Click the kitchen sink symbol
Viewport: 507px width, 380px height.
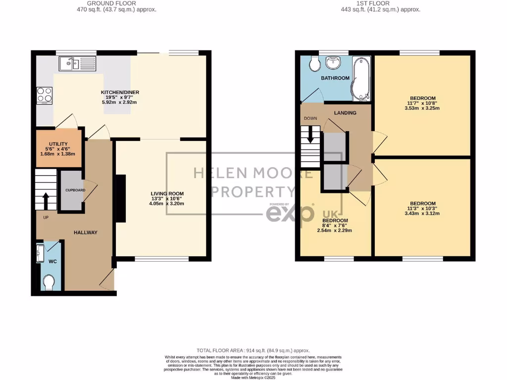point(77,63)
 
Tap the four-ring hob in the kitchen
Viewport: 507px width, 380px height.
point(44,94)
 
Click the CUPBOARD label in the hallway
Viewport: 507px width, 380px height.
point(75,190)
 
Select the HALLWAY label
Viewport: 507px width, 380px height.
point(86,233)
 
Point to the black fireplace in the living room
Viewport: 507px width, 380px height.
point(120,198)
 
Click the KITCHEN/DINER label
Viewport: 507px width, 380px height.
point(119,93)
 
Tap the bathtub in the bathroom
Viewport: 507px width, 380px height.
point(361,78)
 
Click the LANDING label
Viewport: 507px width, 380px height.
point(345,113)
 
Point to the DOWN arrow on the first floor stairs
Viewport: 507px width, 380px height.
point(311,134)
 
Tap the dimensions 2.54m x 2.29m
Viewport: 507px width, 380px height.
point(335,231)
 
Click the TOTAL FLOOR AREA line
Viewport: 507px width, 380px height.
point(253,349)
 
